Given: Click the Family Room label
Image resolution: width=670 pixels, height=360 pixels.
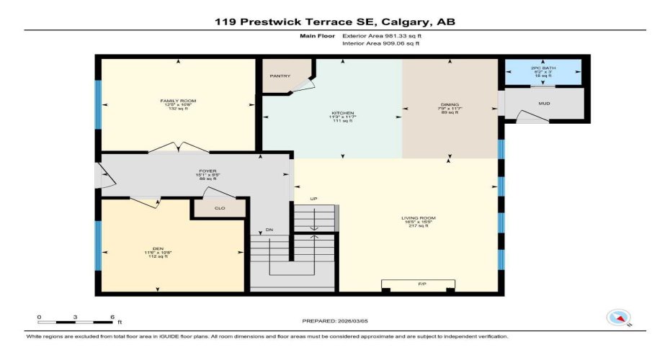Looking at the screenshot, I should (x=178, y=101).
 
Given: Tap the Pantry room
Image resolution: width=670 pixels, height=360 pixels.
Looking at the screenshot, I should (x=280, y=75).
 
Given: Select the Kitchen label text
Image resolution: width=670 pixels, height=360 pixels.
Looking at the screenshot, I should (x=342, y=114).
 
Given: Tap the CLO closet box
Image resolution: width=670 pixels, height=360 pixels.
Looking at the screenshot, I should (x=218, y=209).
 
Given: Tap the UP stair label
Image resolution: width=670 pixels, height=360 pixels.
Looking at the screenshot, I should (x=313, y=199).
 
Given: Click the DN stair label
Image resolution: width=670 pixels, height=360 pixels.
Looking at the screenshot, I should (x=269, y=230).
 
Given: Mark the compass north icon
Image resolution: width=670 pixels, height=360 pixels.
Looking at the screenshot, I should (x=619, y=317).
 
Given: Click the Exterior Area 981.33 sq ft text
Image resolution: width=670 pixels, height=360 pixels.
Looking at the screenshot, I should (x=380, y=35).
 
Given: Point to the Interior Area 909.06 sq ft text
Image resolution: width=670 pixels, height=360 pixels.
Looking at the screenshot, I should (x=380, y=44).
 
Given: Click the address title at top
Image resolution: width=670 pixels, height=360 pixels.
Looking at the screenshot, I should (x=334, y=22).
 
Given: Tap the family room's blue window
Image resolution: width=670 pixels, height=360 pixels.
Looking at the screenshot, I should (x=98, y=102).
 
